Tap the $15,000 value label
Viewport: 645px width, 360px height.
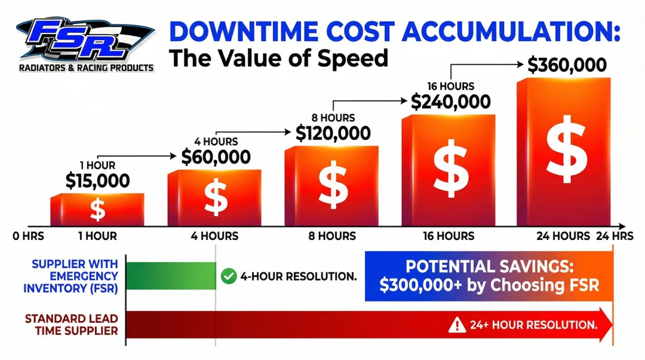(97, 180)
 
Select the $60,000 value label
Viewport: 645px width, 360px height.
(216, 157)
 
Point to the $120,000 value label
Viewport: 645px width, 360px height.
(333, 133)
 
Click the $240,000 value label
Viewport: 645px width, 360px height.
(450, 102)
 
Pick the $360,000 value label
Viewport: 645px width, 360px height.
(567, 65)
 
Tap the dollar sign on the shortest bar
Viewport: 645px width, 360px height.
(97, 209)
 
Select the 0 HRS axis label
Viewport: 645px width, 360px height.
(29, 236)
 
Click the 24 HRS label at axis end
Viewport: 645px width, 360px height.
(615, 236)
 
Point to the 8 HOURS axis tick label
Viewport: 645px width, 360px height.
(332, 236)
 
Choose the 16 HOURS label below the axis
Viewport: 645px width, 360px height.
(449, 236)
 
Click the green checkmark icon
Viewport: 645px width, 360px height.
(228, 276)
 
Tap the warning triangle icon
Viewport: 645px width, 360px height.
(457, 325)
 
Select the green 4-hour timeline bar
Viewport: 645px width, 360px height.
(171, 276)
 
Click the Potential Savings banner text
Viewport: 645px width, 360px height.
(489, 275)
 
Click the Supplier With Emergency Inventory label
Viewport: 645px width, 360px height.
(71, 276)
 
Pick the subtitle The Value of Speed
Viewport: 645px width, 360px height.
(278, 59)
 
